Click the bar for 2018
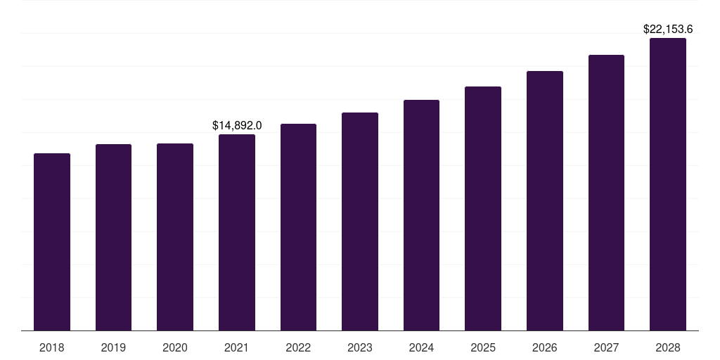pos(52,242)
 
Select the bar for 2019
pos(113,238)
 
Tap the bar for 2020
pos(175,237)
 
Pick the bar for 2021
pos(237,233)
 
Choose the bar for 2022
pos(298,227)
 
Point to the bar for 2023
pos(360,221)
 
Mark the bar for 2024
pos(421,215)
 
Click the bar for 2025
pos(483,209)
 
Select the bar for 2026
pos(545,201)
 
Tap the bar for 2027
pos(606,193)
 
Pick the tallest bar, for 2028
pos(668,184)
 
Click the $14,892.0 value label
pos(237,125)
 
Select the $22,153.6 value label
pos(668,30)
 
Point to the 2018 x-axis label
pos(52,347)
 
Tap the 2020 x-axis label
pos(175,347)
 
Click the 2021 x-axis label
pos(237,347)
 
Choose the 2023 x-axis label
pos(360,347)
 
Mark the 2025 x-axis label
pos(483,347)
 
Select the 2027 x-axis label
pos(606,347)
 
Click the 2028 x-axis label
pos(668,347)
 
